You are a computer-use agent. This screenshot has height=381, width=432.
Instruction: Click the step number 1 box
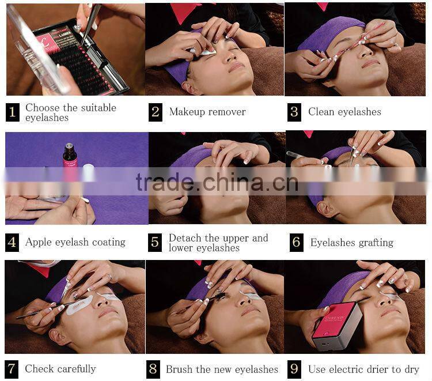[13, 112]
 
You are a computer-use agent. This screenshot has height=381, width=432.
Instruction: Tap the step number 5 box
[155, 243]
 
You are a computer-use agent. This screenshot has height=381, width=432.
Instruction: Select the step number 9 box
[294, 369]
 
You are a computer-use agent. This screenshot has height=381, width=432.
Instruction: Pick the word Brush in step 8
[177, 369]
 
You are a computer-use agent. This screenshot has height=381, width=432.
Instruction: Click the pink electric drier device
[337, 326]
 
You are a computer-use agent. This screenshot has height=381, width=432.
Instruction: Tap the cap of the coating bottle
[69, 146]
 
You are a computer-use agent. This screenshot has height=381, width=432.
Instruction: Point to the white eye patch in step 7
[79, 305]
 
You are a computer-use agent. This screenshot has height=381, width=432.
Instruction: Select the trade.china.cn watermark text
[217, 182]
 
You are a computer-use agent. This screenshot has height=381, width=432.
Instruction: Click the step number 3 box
[294, 112]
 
